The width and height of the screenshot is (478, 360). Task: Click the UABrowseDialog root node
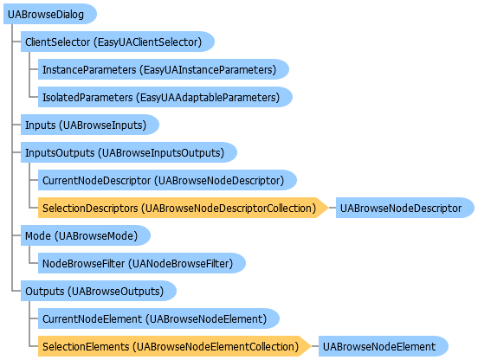(x=50, y=14)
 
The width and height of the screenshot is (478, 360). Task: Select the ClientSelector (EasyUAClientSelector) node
(x=118, y=42)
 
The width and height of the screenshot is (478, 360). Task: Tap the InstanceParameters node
(x=164, y=69)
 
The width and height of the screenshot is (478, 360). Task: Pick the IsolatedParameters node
(x=165, y=97)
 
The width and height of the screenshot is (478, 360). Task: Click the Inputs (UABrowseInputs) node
(x=90, y=125)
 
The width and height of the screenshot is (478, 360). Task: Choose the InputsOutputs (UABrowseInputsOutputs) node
(x=129, y=152)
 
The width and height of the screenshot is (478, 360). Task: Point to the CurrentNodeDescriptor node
(x=167, y=180)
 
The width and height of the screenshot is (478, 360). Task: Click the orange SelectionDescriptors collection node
(x=183, y=208)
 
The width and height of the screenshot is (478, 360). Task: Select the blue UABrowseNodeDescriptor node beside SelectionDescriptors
(x=405, y=208)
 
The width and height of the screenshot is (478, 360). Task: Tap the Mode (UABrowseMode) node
(x=86, y=235)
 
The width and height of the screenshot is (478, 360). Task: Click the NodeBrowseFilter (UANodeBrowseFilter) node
(x=142, y=263)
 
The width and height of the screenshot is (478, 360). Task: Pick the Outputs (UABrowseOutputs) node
(x=99, y=291)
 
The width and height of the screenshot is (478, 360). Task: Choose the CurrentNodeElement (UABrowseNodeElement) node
(x=158, y=318)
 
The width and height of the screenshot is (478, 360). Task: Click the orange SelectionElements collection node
(x=174, y=347)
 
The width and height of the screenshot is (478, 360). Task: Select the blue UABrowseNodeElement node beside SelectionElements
(x=384, y=347)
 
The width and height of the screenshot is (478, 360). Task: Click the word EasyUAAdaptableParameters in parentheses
(x=208, y=98)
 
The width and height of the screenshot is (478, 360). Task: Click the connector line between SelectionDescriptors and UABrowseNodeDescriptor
(x=333, y=208)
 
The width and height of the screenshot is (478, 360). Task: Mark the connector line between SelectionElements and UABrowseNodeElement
(x=315, y=347)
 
